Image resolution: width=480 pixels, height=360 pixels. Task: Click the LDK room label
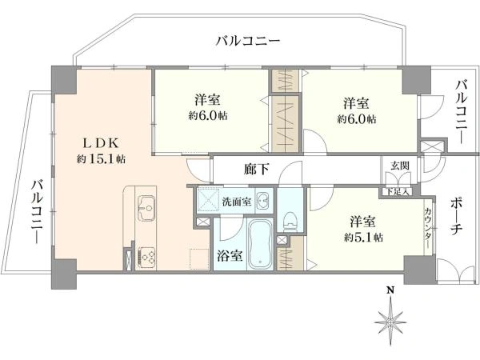pos(101,143)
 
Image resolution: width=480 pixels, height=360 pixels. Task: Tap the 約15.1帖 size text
pos(101,159)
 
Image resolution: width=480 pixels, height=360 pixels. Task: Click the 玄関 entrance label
pos(400,166)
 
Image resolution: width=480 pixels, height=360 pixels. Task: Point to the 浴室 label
pos(230,256)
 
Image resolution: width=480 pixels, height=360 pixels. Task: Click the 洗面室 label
pos(237,202)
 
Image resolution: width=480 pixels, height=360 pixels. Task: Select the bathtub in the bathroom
pos(260,245)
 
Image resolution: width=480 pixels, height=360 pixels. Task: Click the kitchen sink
pos(146,208)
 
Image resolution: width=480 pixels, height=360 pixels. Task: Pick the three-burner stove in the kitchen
pos(146,258)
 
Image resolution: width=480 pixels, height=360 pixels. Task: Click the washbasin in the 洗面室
pos(262,201)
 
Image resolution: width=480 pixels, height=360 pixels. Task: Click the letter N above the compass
pos(390,290)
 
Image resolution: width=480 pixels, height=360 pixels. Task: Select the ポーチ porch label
pos(456,216)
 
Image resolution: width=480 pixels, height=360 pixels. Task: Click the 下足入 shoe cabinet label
pos(398,192)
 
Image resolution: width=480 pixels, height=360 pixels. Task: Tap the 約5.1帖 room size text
pos(363,238)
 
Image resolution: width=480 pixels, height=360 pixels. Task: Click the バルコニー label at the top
pos(248,41)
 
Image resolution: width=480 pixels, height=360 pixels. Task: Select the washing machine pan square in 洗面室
pos(209,200)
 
